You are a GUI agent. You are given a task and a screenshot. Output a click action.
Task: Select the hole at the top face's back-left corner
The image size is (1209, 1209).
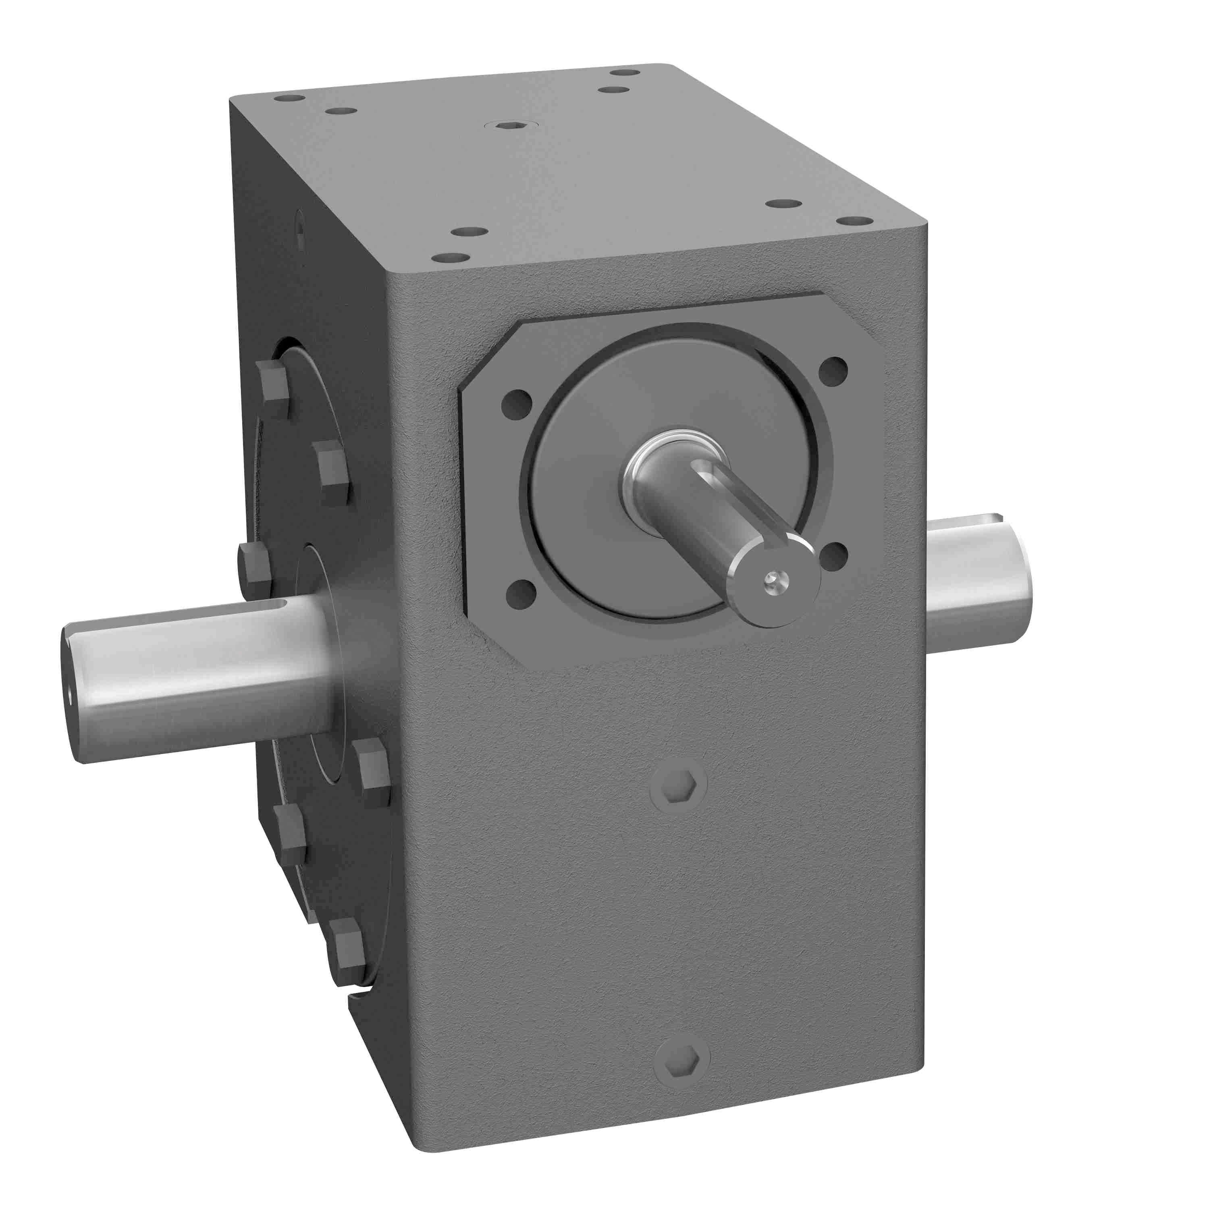click(289, 98)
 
